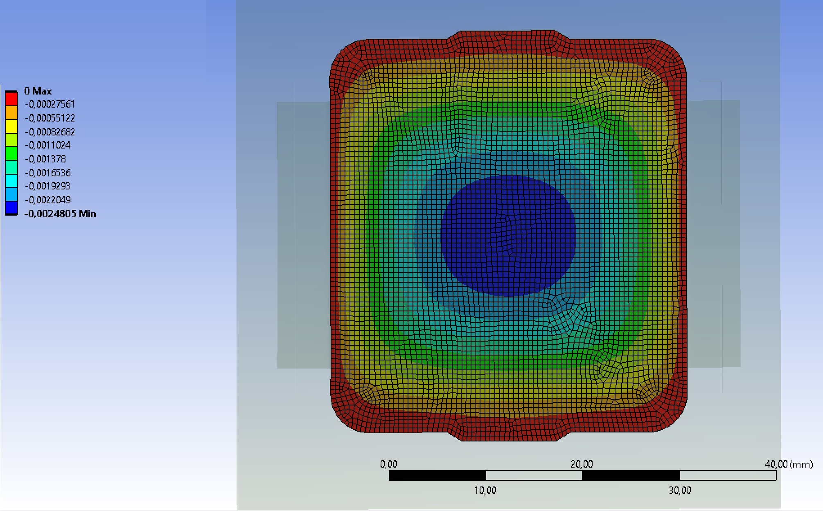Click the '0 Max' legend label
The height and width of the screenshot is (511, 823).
pyautogui.click(x=38, y=91)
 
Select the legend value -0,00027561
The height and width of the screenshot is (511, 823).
pyautogui.click(x=50, y=104)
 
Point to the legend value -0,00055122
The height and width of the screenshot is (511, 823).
pyautogui.click(x=50, y=118)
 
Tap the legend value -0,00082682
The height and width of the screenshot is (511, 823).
pyautogui.click(x=50, y=132)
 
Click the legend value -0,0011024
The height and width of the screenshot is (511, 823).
pyautogui.click(x=47, y=145)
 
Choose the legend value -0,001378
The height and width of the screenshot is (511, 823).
pyautogui.click(x=45, y=159)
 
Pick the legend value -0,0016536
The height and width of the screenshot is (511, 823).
pyautogui.click(x=47, y=173)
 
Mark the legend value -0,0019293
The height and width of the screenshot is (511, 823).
pyautogui.click(x=47, y=186)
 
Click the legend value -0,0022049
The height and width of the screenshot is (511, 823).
pyautogui.click(x=47, y=200)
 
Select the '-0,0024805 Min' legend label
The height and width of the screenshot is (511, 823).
pyautogui.click(x=60, y=214)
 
